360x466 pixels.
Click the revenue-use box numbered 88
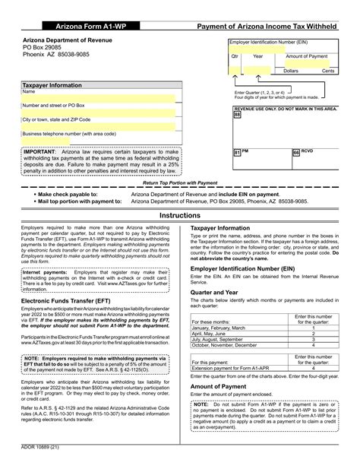point(236,116)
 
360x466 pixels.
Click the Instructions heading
point(179,216)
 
